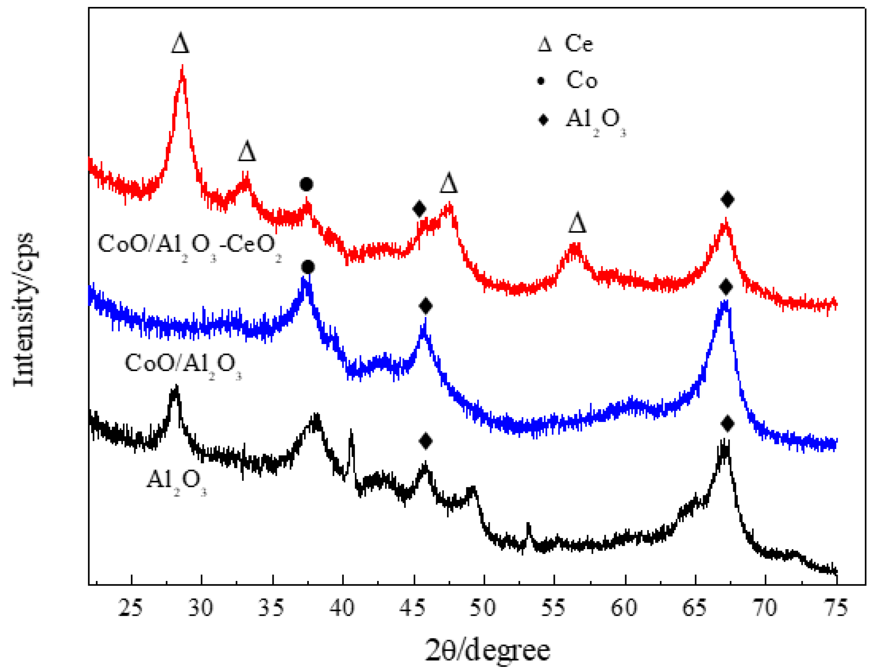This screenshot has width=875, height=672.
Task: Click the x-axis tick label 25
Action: coord(131,608)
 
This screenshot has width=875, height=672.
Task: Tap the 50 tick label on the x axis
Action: coord(483,608)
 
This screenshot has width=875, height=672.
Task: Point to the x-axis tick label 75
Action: coord(835,608)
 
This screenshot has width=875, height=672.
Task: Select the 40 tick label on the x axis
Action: coord(342,608)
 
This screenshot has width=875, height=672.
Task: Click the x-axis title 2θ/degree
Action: coord(487,650)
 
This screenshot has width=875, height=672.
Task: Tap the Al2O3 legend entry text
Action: coord(595,120)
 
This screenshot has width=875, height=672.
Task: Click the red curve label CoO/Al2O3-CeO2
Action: coord(189,245)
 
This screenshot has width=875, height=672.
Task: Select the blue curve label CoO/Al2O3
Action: coord(183,365)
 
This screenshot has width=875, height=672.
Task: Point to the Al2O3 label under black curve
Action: coord(176,480)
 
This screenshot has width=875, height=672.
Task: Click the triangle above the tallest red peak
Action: coord(180,43)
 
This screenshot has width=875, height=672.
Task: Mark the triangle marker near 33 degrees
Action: coord(247,151)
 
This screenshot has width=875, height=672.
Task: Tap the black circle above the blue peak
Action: coord(308,267)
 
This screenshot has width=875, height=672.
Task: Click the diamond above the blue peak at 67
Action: coord(726,287)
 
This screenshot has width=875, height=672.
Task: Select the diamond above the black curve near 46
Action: coord(426,441)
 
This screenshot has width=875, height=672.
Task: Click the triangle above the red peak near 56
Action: coord(577,223)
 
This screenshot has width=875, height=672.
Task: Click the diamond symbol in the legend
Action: coord(543,120)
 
